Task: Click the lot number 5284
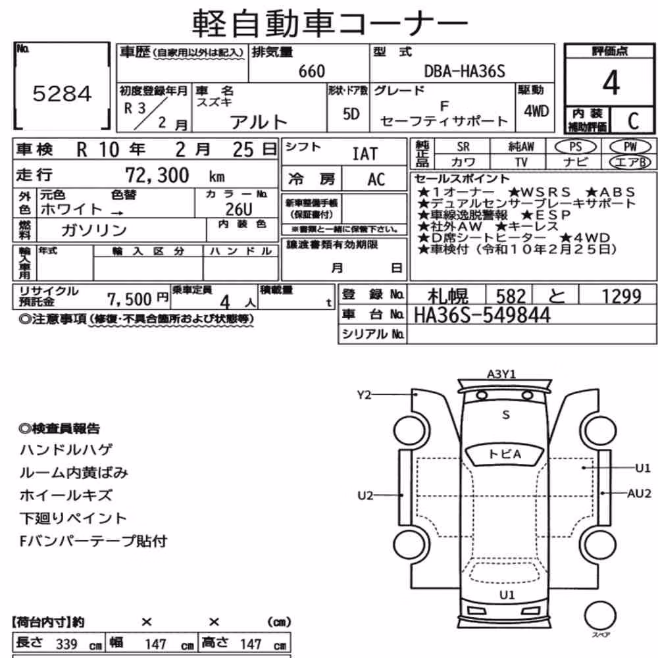click(x=62, y=93)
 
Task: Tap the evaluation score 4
click(x=611, y=83)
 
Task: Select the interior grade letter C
click(x=633, y=121)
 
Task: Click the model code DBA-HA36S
click(x=465, y=71)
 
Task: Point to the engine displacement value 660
click(x=312, y=71)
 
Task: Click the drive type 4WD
click(x=536, y=111)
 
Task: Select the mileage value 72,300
click(x=157, y=175)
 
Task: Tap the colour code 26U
click(x=239, y=209)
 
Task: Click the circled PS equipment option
click(x=575, y=147)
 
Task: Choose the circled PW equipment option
click(x=630, y=147)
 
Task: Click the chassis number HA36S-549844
click(x=482, y=315)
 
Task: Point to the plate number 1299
click(x=622, y=296)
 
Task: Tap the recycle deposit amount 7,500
click(x=129, y=299)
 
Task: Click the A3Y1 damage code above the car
click(x=501, y=374)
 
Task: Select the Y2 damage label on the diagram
click(x=365, y=395)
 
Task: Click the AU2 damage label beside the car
click(x=639, y=493)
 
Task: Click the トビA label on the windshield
click(x=505, y=454)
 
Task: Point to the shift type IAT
click(x=365, y=154)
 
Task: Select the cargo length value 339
click(x=66, y=644)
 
